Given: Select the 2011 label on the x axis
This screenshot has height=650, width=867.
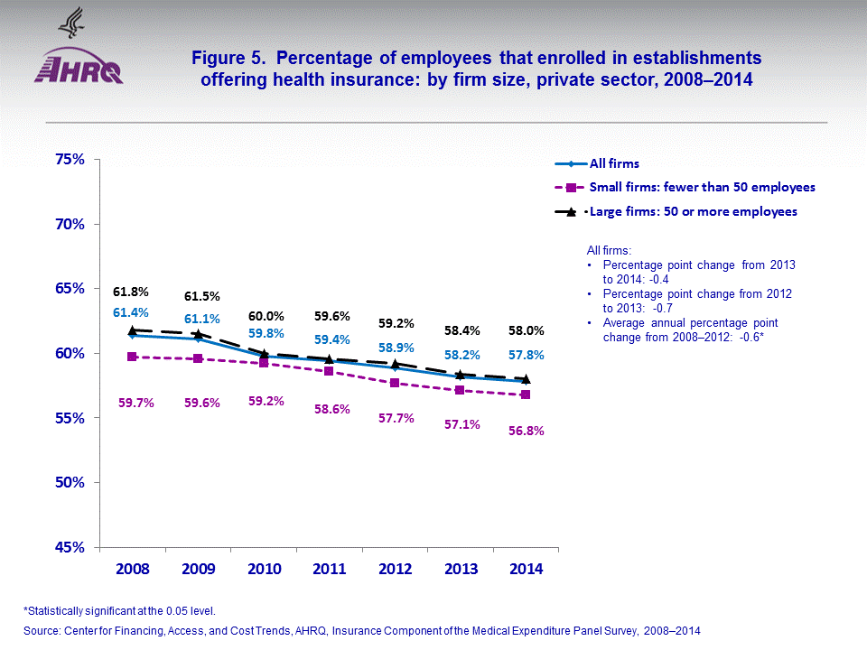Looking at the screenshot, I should pos(329,570).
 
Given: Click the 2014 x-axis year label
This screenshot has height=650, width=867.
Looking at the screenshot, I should pos(526,570).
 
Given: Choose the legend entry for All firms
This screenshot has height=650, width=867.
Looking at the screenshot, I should pos(614,163).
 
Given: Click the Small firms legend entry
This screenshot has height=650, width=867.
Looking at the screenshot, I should pos(702,187).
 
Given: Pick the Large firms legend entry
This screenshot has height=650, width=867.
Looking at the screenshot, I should pos(693,211).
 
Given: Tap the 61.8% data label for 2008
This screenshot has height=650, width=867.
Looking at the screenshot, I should pos(131,292).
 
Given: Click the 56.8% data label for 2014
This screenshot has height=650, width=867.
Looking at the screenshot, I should pos(526,431).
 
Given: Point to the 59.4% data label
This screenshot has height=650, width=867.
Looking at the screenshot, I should pos(331,339).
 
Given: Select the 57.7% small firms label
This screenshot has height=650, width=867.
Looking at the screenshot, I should pos(396,418).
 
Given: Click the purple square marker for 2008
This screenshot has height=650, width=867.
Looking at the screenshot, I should pos(133,357).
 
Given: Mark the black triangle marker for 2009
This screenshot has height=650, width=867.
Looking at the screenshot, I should pos(199,334).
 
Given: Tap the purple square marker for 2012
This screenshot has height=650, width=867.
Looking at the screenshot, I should pos(395,383).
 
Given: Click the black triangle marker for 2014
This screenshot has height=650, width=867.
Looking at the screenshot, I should pos(526,379).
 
